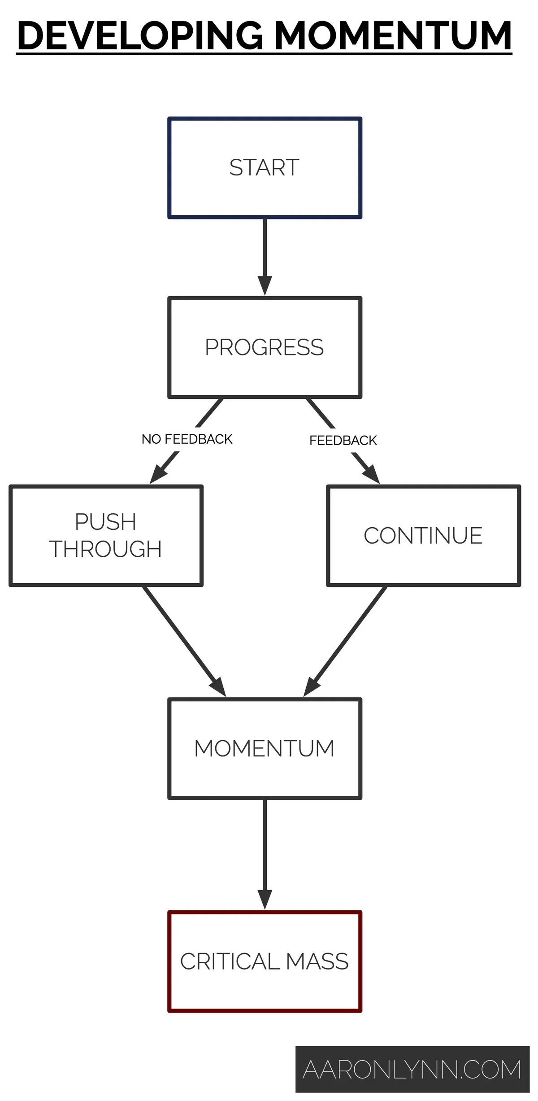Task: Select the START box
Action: [x=265, y=168]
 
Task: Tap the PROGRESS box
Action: [x=265, y=347]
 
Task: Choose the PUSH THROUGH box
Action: [x=106, y=535]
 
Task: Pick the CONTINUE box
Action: [x=423, y=535]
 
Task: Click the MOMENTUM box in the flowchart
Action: [x=265, y=748]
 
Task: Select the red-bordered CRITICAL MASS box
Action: [x=265, y=961]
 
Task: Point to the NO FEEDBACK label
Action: [x=187, y=439]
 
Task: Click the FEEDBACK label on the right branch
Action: [x=343, y=441]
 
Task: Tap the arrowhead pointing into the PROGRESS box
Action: [x=265, y=285]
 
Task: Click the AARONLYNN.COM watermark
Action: [x=412, y=1070]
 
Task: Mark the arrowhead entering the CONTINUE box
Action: [x=371, y=475]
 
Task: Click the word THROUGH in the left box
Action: [x=106, y=549]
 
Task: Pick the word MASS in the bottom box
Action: [x=317, y=961]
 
